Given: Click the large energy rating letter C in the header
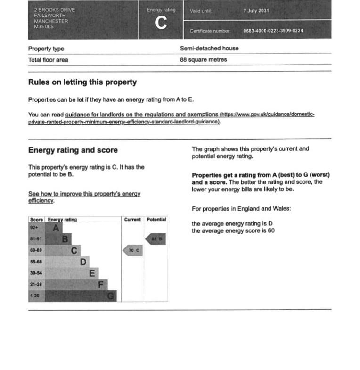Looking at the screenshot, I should (161, 24).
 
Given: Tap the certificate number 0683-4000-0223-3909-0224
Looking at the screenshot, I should (273, 31).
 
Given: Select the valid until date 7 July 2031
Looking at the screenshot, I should (256, 10).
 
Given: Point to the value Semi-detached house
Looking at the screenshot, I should (209, 48).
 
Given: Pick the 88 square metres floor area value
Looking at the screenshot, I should (203, 60).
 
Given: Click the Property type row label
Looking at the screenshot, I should (46, 49).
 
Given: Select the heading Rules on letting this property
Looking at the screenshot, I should (82, 82).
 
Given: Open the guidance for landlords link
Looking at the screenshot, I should (141, 115).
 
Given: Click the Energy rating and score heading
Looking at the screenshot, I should (73, 150).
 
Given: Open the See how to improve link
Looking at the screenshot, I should (84, 194).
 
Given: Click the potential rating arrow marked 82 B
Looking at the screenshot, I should (155, 239).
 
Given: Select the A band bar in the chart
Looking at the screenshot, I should (46, 228).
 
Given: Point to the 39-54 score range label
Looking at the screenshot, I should (36, 273).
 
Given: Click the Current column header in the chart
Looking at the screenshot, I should (132, 220).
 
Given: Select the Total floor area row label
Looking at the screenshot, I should (48, 60).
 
